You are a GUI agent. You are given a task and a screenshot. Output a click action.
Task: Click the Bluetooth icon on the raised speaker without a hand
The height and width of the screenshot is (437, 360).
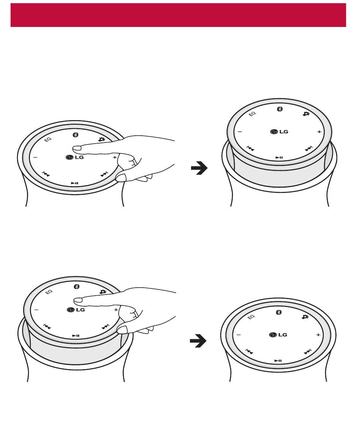point(280,109)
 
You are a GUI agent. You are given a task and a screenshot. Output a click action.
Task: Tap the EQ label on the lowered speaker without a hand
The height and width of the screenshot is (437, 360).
point(251,317)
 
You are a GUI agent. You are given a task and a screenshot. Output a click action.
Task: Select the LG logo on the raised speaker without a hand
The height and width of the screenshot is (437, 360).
point(279,132)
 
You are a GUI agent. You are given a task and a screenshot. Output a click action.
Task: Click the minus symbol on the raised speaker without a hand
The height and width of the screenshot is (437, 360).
point(240,132)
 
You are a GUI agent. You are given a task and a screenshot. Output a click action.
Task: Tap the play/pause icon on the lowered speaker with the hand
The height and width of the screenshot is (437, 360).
point(75,183)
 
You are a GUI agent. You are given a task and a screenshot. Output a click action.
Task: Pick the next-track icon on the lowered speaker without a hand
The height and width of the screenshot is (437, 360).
point(307,352)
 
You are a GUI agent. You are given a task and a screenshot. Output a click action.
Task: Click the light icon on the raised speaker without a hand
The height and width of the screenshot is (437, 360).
point(306,114)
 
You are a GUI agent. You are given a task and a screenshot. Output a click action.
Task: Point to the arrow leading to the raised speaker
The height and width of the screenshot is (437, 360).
point(199,168)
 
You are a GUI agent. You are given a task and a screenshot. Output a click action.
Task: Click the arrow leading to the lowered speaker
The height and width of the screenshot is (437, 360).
point(198,341)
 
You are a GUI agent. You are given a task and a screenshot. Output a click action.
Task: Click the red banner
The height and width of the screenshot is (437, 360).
point(178,15)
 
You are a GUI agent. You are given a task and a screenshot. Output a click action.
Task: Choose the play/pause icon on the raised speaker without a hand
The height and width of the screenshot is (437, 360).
point(279,157)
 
